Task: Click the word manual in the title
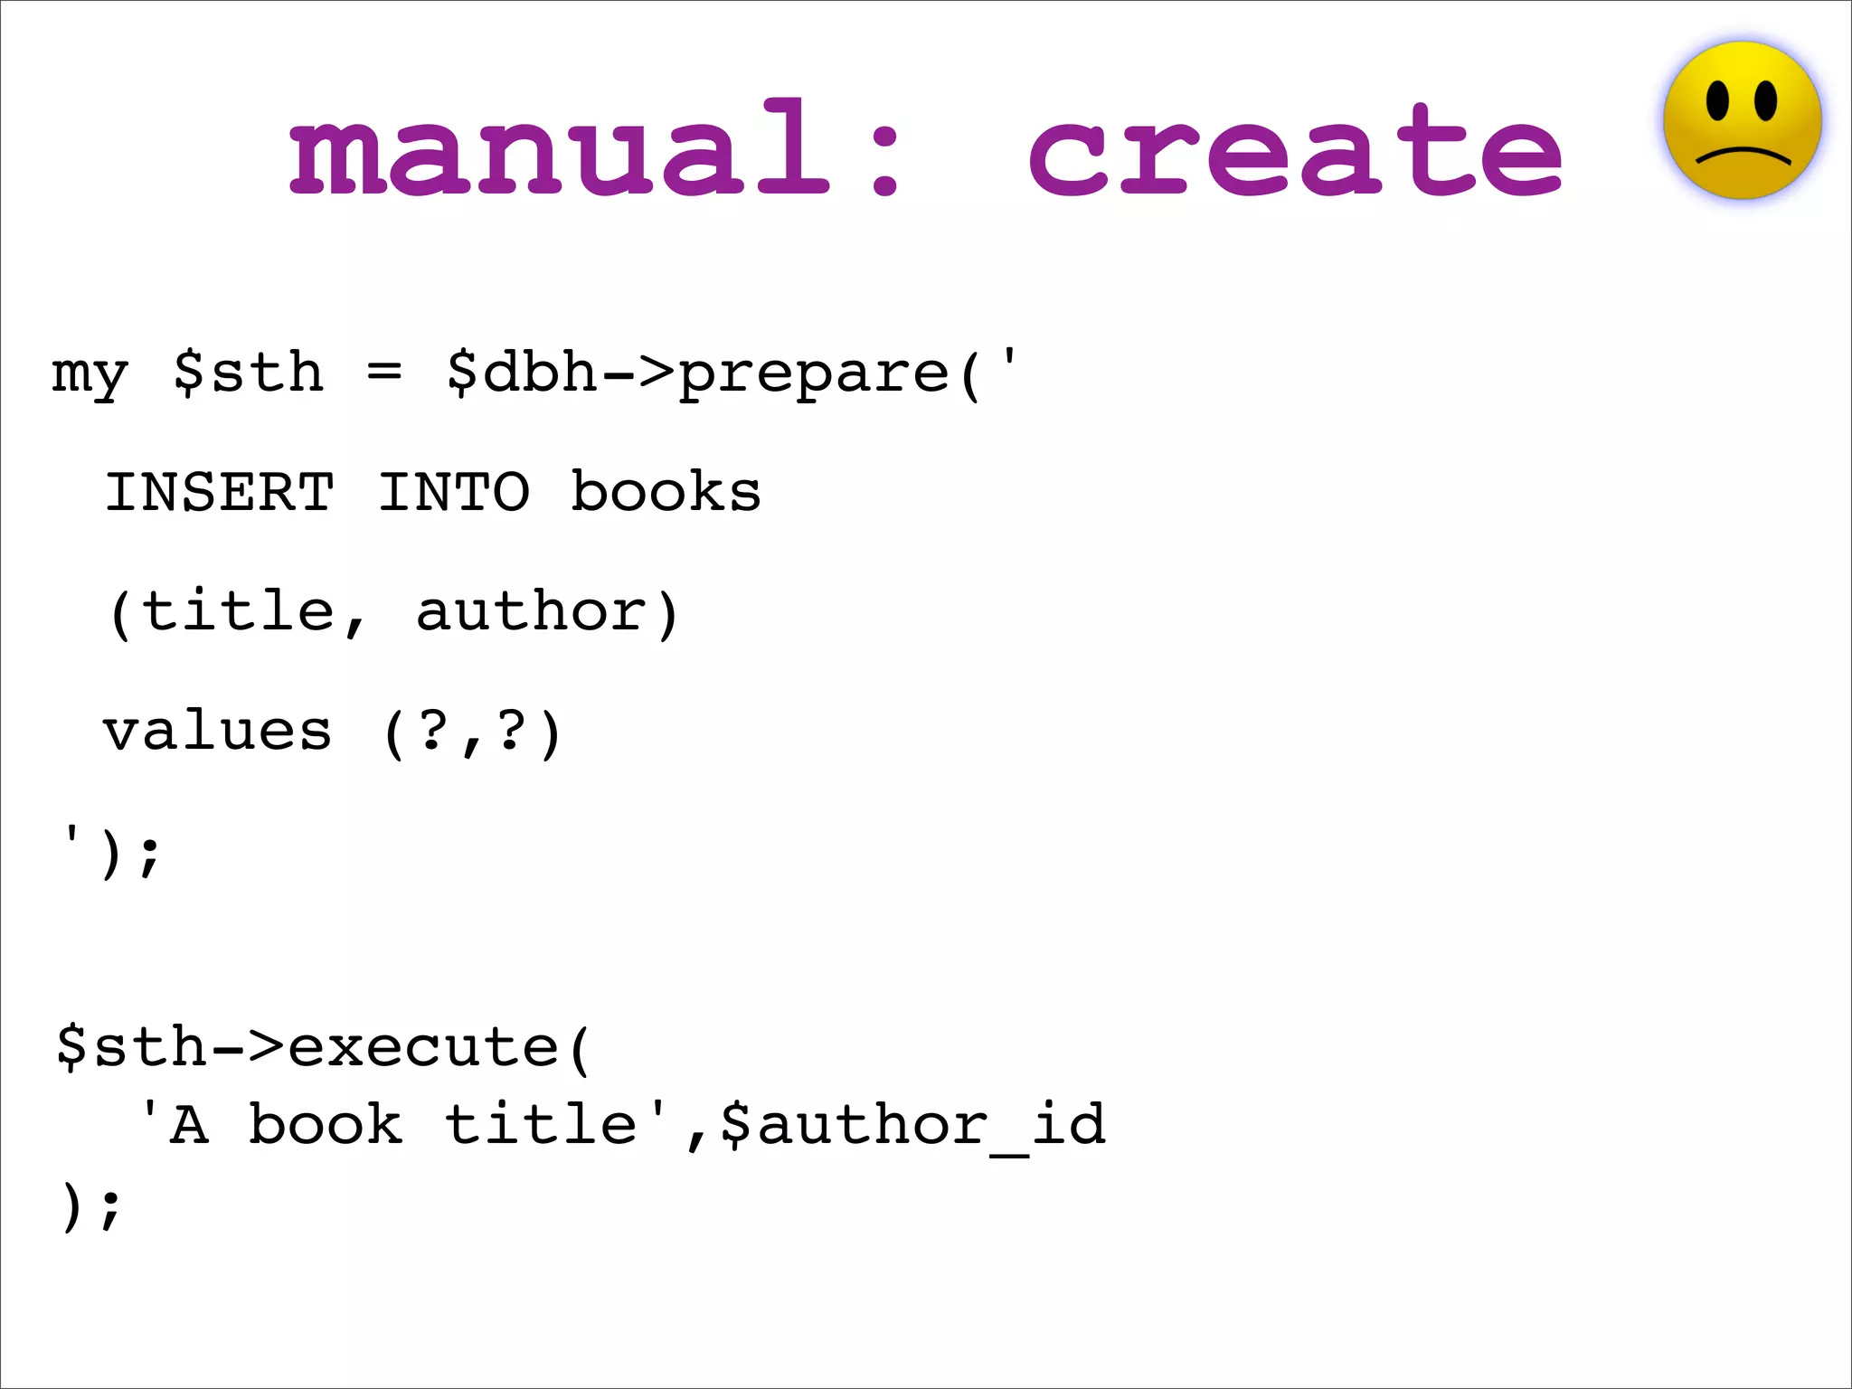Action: [x=558, y=149]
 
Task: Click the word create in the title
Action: [x=1295, y=149]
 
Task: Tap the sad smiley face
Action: [x=1742, y=120]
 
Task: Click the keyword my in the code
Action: [x=90, y=373]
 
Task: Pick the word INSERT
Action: [x=220, y=492]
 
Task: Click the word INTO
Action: [x=453, y=492]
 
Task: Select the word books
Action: [x=666, y=492]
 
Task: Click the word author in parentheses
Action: [x=532, y=611]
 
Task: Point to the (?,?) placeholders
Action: [x=472, y=732]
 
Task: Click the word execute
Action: [x=423, y=1047]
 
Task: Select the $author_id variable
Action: [x=913, y=1125]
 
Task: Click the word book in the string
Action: [x=326, y=1125]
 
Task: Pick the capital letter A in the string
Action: [x=189, y=1126]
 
